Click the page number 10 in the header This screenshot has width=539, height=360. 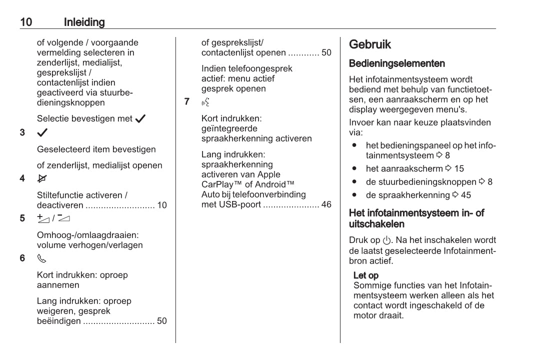26,22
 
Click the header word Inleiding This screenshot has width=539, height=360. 84,22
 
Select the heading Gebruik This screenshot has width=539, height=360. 370,44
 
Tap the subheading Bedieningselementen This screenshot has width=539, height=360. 397,63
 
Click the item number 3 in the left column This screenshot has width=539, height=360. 22,133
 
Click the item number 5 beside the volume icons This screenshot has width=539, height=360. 22,218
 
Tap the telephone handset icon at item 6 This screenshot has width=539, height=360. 41,258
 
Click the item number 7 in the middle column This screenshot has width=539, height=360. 186,102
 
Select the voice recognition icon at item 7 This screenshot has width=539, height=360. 205,102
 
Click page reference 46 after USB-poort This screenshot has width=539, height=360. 326,204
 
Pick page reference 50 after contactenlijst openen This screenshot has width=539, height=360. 326,52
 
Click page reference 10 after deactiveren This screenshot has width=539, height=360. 162,205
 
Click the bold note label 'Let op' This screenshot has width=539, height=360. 366,275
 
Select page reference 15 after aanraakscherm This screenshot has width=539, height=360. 459,168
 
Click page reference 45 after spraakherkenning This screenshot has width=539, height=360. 466,195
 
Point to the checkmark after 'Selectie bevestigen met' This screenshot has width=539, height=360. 140,119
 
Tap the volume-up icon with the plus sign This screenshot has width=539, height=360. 42,218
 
